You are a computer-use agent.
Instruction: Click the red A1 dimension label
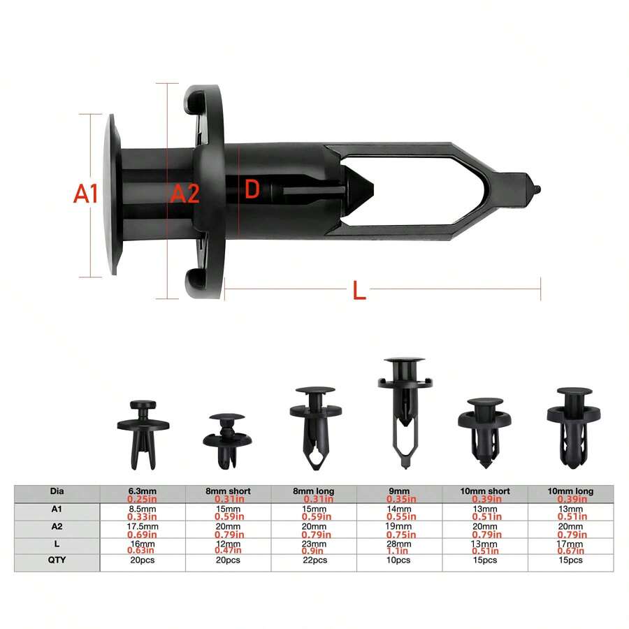86,194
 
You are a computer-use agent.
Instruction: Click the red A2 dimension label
185,194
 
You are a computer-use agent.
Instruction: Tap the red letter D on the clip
252,189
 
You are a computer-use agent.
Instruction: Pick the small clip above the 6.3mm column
143,433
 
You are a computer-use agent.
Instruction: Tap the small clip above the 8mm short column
228,440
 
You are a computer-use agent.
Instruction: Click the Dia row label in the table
57,491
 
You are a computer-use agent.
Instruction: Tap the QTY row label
57,560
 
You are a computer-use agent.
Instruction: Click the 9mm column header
400,491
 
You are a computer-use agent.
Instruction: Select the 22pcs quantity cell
314,560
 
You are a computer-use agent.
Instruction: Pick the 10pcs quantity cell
400,560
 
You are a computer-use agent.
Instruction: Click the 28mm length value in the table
400,544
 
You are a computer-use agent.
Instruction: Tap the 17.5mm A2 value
143,526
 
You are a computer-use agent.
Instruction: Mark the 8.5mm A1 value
143,509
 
